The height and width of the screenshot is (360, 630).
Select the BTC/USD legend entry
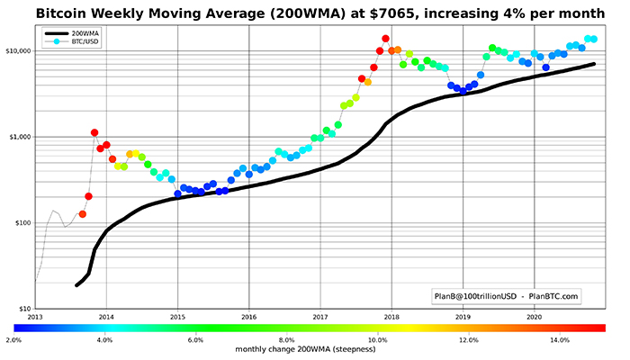point(85,42)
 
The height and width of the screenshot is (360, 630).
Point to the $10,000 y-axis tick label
point(17,50)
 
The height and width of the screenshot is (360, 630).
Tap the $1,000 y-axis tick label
point(19,137)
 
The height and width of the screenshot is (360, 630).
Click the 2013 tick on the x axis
point(35,317)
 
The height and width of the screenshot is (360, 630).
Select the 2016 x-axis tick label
point(249,317)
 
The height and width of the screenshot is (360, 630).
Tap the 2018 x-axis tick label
point(391,317)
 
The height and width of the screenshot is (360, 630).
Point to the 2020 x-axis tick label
point(534,317)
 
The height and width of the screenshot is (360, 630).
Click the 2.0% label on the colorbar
point(13,340)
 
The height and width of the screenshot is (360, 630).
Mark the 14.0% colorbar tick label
point(559,340)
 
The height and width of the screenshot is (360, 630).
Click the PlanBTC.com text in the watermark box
point(550,294)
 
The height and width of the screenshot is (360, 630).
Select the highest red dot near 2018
point(385,39)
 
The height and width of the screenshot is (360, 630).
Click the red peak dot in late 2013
point(94,132)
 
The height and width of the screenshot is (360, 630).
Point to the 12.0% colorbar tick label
point(468,340)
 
